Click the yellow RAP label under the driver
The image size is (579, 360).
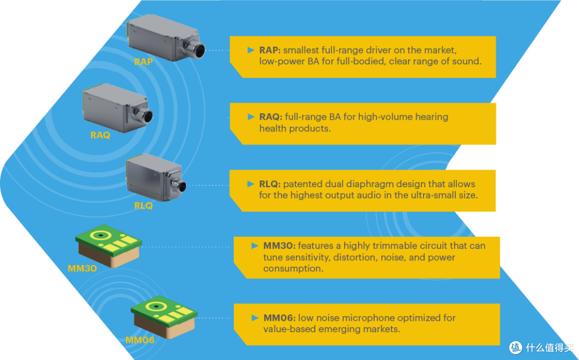pos(143,62)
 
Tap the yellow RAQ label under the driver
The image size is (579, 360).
pos(100,135)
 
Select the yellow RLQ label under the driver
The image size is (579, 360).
pos(143,205)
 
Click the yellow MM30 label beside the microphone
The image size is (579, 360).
pos(82,268)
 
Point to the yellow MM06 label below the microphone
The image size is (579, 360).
pos(140,340)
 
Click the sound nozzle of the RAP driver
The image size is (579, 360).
pos(196,49)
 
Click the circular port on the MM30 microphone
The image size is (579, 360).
pos(99,235)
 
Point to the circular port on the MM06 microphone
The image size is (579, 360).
pos(156,306)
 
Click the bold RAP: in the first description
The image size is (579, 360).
pos(270,50)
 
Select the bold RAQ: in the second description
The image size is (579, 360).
pos(271,117)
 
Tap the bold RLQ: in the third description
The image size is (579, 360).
pos(270,184)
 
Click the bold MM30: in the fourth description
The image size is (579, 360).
pos(279,246)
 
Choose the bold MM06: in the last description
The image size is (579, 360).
pos(279,318)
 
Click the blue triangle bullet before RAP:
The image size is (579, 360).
pos(251,50)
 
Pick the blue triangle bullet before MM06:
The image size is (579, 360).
pos(255,318)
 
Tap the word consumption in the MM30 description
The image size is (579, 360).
pos(293,269)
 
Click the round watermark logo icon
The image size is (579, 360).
pos(516,348)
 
